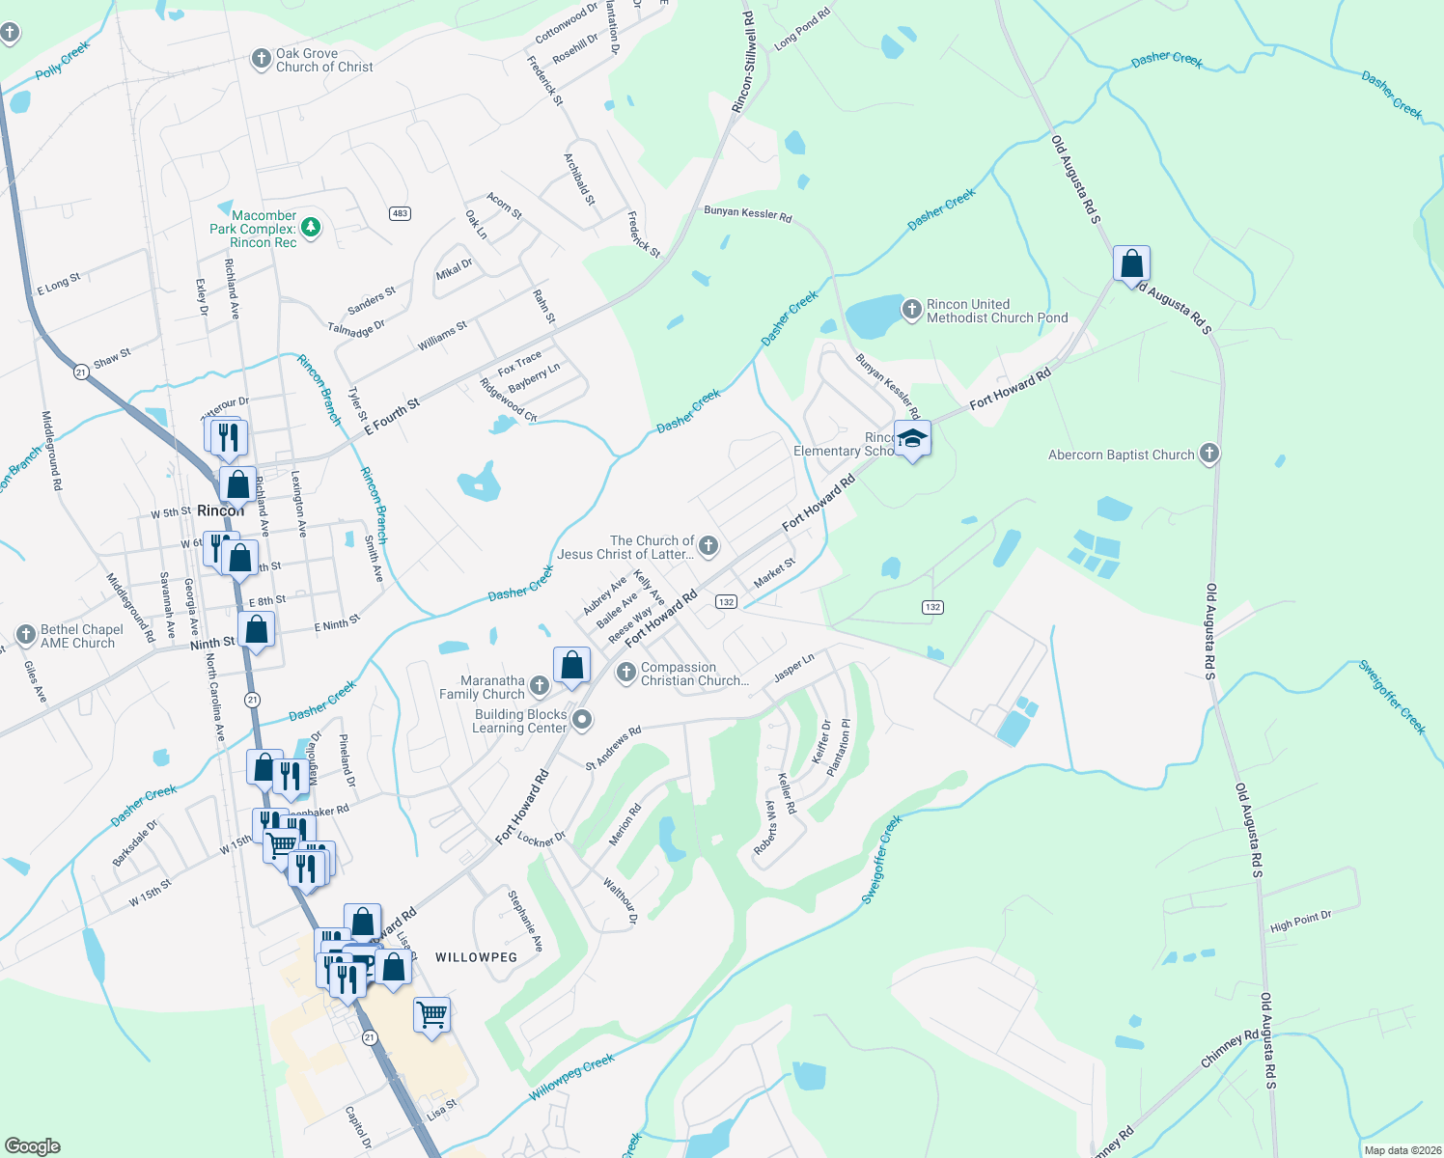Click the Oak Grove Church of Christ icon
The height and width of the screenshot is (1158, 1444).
coord(261,59)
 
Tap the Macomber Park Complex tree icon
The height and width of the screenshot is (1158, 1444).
coord(311,228)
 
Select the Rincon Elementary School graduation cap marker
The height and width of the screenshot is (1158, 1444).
coord(912,440)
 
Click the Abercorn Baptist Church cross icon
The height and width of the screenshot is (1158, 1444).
coord(1208,454)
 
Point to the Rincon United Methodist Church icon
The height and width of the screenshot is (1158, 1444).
coord(911,310)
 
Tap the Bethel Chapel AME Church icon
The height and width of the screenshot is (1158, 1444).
coord(26,635)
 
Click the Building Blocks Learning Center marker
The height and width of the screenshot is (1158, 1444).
coord(582,720)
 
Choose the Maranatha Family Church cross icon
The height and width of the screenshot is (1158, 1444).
coord(540,685)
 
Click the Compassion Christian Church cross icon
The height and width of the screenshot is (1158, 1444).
coord(626,672)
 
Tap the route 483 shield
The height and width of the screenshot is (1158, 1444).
coord(400,213)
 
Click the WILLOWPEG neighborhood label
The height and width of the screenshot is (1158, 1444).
coord(476,957)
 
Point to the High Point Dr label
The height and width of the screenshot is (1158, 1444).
coord(1300,921)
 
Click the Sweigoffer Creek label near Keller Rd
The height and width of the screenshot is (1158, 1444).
coord(880,859)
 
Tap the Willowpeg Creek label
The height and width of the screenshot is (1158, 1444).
coord(571,1077)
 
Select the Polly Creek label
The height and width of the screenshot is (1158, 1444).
coord(63,60)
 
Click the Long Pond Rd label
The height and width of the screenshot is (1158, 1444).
coord(801,29)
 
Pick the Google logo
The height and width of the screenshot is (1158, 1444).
coord(33,1146)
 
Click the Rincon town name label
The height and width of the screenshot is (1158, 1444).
coord(220,510)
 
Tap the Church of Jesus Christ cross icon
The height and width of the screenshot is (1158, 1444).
coord(708,547)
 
